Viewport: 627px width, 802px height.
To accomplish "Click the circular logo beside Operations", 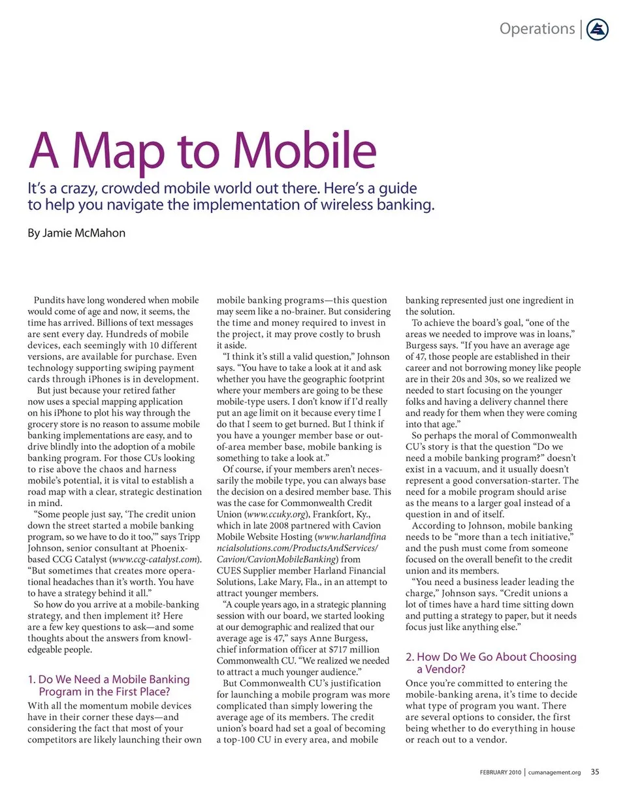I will [598, 29].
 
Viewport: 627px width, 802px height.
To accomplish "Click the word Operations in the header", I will [537, 29].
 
